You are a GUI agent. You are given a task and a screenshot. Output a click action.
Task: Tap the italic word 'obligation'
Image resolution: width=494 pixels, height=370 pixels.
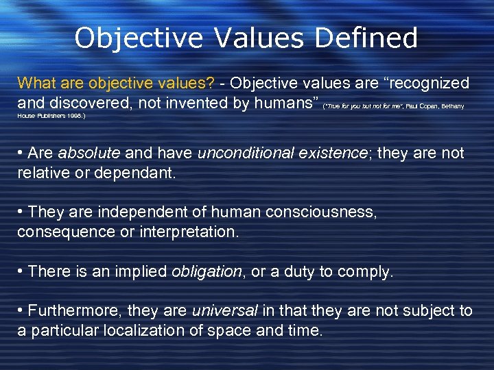click(207, 272)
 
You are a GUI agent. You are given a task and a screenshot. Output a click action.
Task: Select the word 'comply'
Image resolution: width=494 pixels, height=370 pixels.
click(367, 272)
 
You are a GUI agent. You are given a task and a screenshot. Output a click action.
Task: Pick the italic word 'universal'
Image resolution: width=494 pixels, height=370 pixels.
click(225, 311)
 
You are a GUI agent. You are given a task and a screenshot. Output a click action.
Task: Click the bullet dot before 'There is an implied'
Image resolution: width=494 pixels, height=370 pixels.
click(21, 272)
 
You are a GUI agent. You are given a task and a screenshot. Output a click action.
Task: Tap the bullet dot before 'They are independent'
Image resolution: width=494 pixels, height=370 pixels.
click(21, 212)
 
